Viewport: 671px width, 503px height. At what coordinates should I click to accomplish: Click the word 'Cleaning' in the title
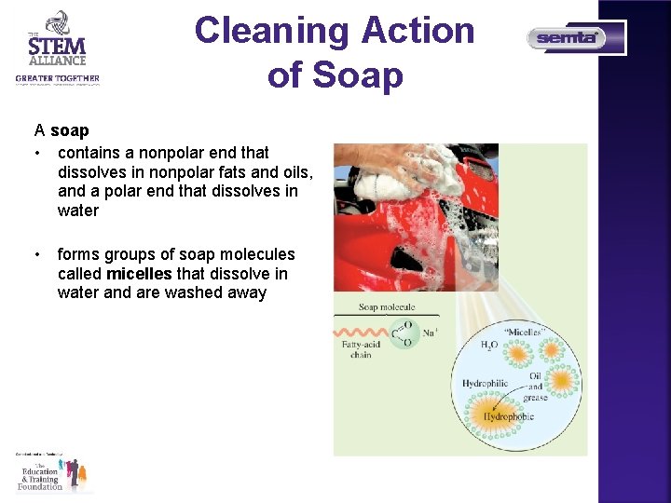[x=270, y=32]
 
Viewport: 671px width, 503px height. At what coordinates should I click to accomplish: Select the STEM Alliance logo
[x=57, y=48]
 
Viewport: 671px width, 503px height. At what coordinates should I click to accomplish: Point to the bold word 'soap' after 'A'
[x=70, y=130]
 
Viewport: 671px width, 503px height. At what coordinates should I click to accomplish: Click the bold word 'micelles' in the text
[x=139, y=274]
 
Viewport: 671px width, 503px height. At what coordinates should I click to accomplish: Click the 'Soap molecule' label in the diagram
[x=387, y=307]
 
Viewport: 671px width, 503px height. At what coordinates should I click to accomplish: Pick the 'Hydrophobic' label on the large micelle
[x=509, y=416]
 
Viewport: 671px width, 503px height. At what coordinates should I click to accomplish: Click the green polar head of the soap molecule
[x=402, y=333]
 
